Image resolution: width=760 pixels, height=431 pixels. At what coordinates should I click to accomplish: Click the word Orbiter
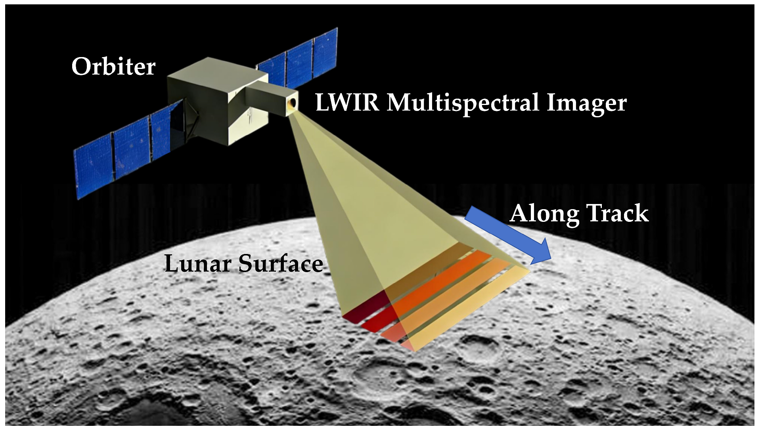coord(113,67)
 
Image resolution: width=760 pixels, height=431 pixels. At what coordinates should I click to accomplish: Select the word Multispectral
coord(463,103)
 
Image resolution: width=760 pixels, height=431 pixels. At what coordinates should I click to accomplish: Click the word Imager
coord(586,103)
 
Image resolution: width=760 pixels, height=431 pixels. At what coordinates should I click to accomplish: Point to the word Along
coord(545,214)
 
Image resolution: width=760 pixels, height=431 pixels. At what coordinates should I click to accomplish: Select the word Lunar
coord(198,264)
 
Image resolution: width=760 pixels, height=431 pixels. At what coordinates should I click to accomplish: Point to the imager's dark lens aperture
coord(293,103)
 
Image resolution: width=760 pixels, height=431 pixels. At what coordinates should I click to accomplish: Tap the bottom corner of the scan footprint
coord(414,351)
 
